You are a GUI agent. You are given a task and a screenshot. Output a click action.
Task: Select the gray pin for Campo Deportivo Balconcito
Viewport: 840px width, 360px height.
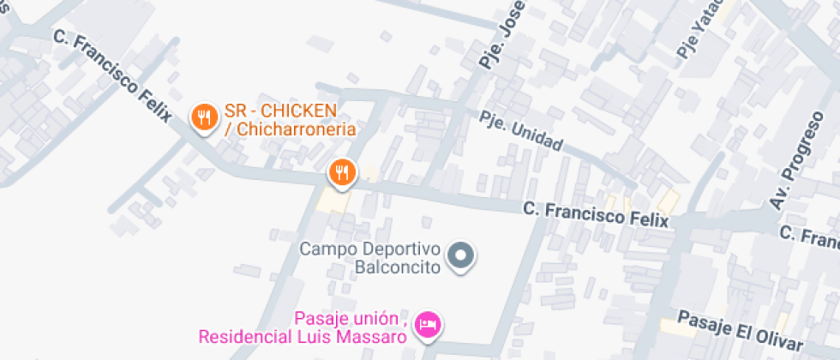coord(462,255)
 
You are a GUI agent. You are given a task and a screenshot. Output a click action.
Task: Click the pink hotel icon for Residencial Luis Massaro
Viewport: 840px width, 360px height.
coord(427,325)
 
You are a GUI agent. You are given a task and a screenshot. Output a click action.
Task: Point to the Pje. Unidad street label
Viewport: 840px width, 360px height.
coord(520,132)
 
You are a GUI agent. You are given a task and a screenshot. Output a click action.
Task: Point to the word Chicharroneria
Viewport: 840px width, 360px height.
coord(296,130)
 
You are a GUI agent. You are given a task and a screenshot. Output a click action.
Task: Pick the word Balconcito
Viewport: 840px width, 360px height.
coord(397,267)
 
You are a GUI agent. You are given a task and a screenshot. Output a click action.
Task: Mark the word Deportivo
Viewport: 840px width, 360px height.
coord(401,249)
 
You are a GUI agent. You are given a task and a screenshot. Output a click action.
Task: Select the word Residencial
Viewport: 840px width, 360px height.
coord(243,336)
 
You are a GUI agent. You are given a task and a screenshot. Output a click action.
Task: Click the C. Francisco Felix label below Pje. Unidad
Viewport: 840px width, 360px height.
coord(595,213)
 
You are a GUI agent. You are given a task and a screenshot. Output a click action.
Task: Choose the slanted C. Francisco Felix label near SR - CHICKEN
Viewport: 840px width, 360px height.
coord(112,75)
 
